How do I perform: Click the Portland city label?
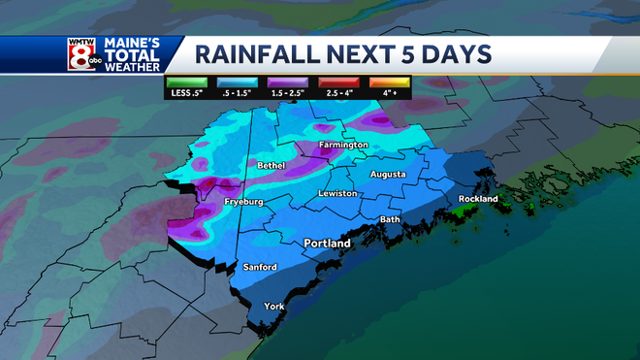(x=327, y=244)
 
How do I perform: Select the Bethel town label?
(x=271, y=166)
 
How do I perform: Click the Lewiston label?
(x=338, y=194)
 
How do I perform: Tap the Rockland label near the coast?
(x=478, y=199)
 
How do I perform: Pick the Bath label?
(x=390, y=219)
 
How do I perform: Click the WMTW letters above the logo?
(x=81, y=42)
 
